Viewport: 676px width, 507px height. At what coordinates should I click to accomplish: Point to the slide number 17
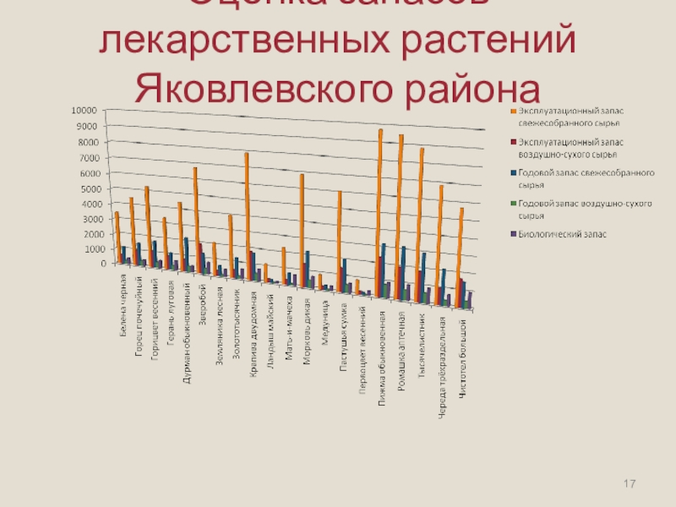tap(629, 483)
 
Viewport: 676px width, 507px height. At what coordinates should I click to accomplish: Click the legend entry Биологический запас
tap(560, 234)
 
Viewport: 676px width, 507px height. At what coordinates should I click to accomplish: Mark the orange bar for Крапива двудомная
tap(247, 211)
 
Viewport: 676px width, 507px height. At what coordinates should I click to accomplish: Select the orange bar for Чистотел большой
tap(461, 245)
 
